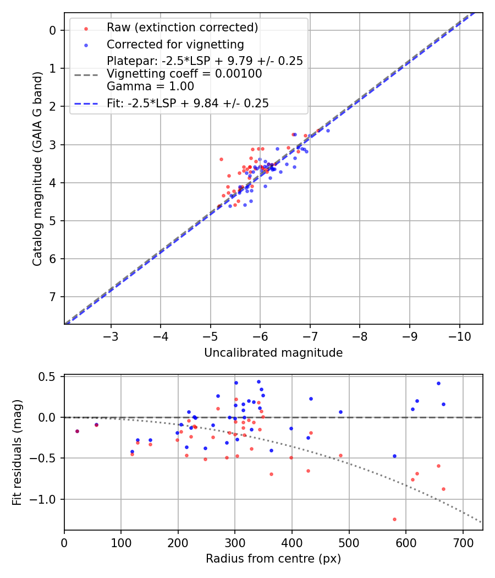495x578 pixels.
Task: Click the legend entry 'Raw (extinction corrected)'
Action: pyautogui.click(x=182, y=28)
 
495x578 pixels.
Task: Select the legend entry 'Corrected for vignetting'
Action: pyautogui.click(x=175, y=44)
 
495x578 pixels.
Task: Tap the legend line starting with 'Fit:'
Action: pyautogui.click(x=188, y=103)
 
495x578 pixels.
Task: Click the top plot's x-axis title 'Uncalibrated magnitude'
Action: pyautogui.click(x=273, y=353)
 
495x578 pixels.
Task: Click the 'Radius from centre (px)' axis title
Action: pyautogui.click(x=273, y=559)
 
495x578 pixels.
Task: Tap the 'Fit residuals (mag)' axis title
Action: pyautogui.click(x=17, y=452)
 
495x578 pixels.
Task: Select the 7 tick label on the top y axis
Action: pyautogui.click(x=53, y=297)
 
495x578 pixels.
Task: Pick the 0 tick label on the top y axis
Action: pyautogui.click(x=53, y=30)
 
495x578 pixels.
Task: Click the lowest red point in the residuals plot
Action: pyautogui.click(x=394, y=519)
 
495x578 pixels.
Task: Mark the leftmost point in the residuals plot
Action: pyautogui.click(x=77, y=431)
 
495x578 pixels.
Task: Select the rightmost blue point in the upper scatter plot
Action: pyautogui.click(x=328, y=130)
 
